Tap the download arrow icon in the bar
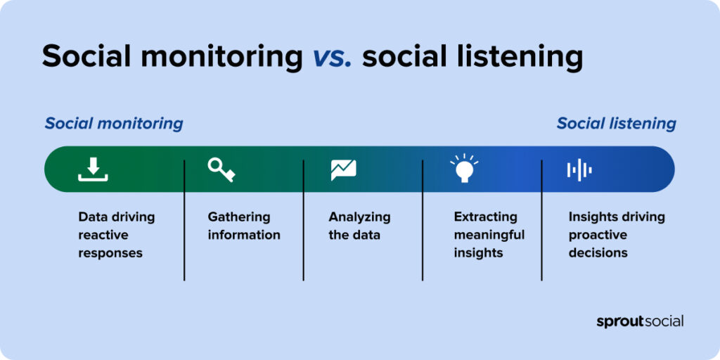(x=93, y=169)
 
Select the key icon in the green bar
(x=221, y=169)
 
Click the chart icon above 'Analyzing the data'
(x=343, y=169)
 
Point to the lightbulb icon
(x=463, y=169)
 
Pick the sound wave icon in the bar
(x=579, y=169)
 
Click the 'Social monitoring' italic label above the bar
(x=114, y=124)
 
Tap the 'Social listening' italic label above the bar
(x=616, y=124)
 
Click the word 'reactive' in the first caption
(x=103, y=235)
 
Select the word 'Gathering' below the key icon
(x=239, y=217)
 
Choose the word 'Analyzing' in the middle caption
(x=359, y=217)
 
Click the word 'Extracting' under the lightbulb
(x=485, y=217)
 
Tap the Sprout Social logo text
(x=640, y=321)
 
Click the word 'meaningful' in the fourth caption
(x=489, y=235)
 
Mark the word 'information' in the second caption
(x=244, y=235)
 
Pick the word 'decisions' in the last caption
(x=598, y=252)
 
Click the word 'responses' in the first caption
(x=110, y=252)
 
